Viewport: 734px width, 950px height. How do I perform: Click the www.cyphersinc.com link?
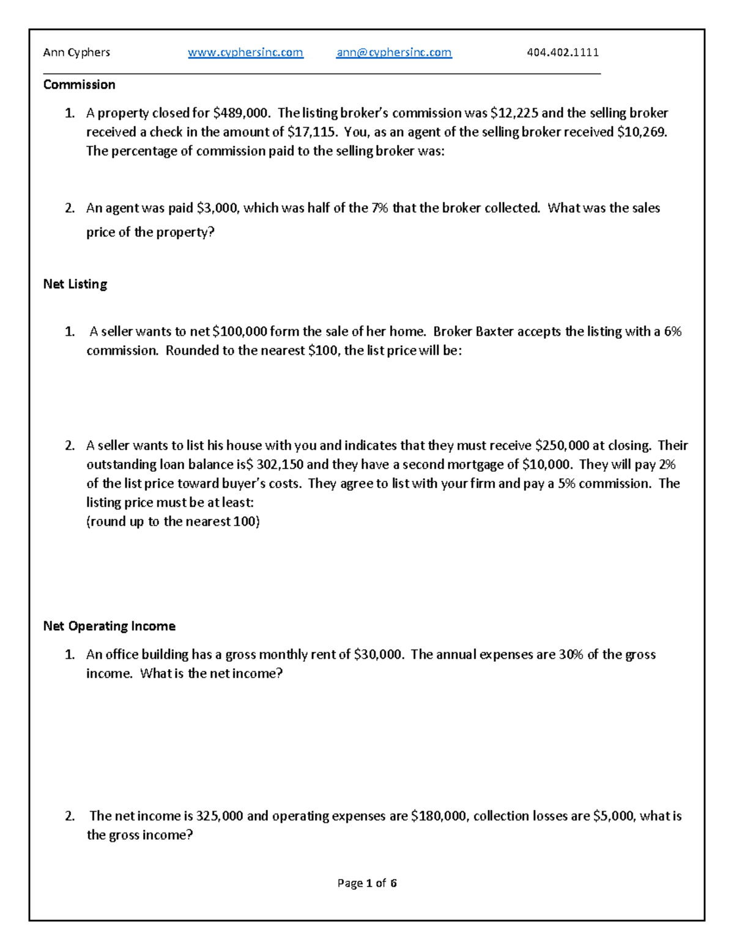click(x=245, y=53)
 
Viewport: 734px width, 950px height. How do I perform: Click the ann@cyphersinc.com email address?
click(x=394, y=53)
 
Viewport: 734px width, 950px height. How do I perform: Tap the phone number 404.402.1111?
click(x=563, y=53)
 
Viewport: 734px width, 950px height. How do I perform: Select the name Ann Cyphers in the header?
click(x=76, y=53)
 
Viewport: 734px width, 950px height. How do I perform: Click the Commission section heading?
click(x=79, y=84)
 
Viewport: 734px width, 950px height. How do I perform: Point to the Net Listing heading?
click(x=75, y=284)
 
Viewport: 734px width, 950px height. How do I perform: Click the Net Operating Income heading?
click(x=109, y=626)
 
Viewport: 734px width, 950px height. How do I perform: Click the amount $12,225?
click(x=514, y=113)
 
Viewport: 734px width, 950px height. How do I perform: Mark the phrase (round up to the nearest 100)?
click(x=173, y=521)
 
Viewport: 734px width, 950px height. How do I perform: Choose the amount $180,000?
click(x=438, y=816)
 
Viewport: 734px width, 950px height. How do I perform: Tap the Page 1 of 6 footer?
click(x=367, y=883)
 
